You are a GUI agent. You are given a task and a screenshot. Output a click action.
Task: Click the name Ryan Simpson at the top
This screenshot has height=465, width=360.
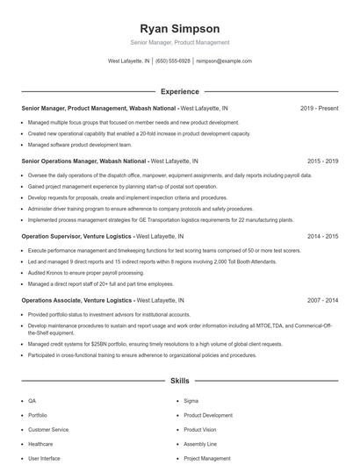coord(179,28)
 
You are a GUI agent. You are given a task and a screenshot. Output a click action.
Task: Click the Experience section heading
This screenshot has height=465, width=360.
coord(179,91)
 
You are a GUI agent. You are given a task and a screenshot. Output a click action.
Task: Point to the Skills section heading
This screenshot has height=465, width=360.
coord(179,382)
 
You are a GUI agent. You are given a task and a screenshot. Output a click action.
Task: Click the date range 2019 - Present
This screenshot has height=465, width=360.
coord(319,108)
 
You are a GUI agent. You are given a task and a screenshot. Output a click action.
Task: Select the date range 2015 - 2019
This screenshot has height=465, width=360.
coord(322,161)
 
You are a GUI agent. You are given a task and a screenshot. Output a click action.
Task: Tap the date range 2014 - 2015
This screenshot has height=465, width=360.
coord(322,236)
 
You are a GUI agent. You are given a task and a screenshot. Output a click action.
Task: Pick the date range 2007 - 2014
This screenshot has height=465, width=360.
coord(322,300)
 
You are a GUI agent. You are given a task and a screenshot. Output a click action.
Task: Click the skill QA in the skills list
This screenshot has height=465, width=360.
coord(32,400)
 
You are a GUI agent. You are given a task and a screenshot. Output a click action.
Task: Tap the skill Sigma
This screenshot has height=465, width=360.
coord(191,400)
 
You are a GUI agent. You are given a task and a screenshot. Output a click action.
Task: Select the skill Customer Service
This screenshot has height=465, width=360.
coord(47,429)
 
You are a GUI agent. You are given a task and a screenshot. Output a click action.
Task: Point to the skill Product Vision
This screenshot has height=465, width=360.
coord(199,429)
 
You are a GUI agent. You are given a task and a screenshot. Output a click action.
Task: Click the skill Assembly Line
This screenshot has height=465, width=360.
coord(200,444)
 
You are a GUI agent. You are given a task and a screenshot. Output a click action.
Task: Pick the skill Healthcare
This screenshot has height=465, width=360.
coord(40,444)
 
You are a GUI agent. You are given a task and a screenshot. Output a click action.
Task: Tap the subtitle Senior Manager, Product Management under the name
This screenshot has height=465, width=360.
coord(179,42)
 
